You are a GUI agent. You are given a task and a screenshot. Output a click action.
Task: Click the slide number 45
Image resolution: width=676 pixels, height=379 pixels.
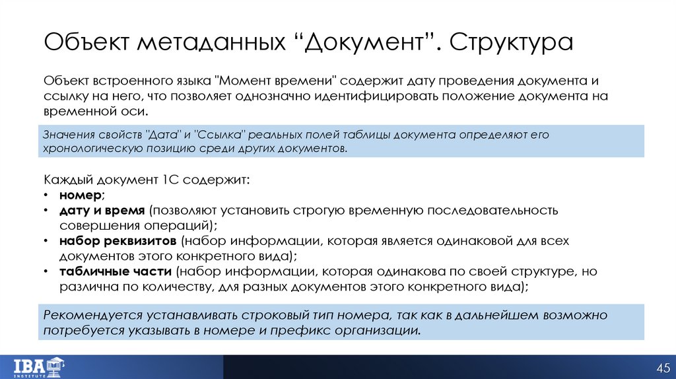[x=662, y=367]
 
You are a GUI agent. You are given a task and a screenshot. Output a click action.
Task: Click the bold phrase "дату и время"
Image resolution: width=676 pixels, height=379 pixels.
[x=102, y=211]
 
